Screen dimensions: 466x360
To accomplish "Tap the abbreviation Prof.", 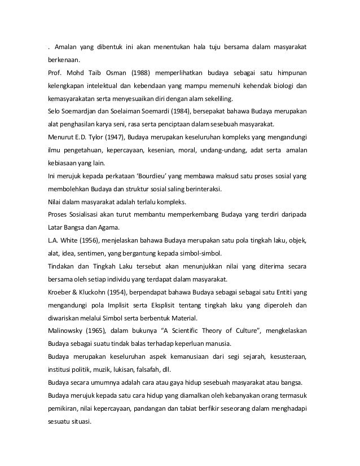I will point(55,74).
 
